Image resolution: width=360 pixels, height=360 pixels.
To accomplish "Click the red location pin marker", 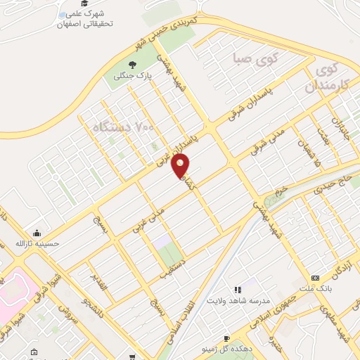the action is [181, 165].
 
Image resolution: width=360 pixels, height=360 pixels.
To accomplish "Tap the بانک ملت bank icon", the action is [314, 278].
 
